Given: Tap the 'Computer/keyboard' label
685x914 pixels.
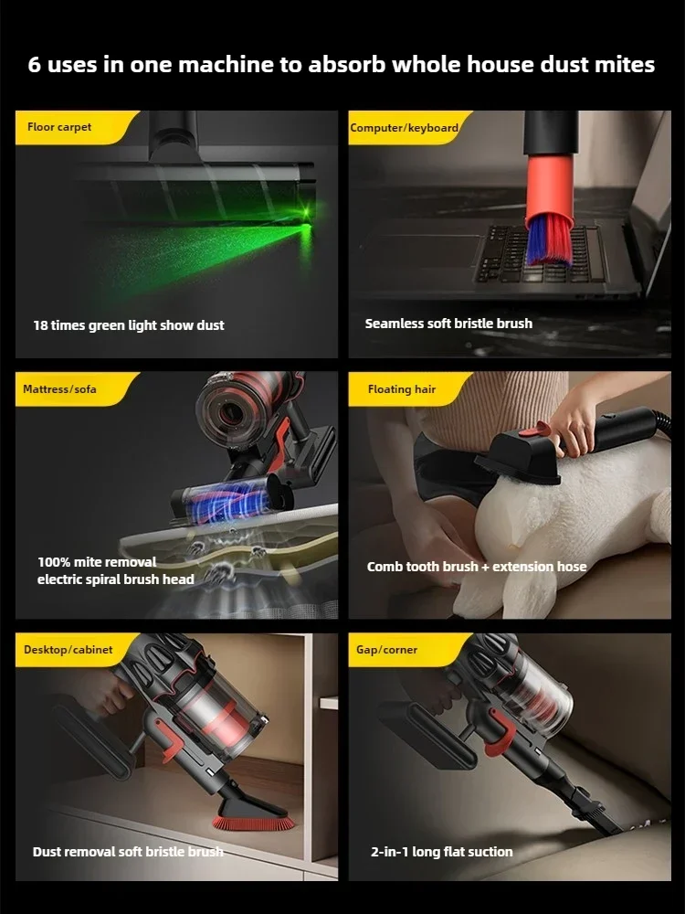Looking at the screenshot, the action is coord(405,128).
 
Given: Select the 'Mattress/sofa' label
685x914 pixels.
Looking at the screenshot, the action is coord(59,388).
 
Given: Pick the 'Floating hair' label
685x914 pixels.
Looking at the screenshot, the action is coord(401,388).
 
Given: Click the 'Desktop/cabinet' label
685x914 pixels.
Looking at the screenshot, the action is coord(68,649).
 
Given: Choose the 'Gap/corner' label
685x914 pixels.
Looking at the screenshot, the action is coord(386,649).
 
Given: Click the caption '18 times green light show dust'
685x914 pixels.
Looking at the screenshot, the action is coord(129,325).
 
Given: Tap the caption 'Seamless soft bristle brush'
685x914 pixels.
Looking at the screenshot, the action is coord(448,324).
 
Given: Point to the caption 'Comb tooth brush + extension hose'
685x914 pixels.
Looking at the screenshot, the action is coord(477,567).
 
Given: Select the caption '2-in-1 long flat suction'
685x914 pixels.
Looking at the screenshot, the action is coord(441,852).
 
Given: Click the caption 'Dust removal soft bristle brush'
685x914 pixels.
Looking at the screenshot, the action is coord(128,852).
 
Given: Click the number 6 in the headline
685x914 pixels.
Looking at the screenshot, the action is coord(35,64).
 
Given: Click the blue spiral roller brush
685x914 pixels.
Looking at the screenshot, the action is coord(226,500).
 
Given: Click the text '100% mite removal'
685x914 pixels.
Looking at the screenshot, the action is coord(97,562).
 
